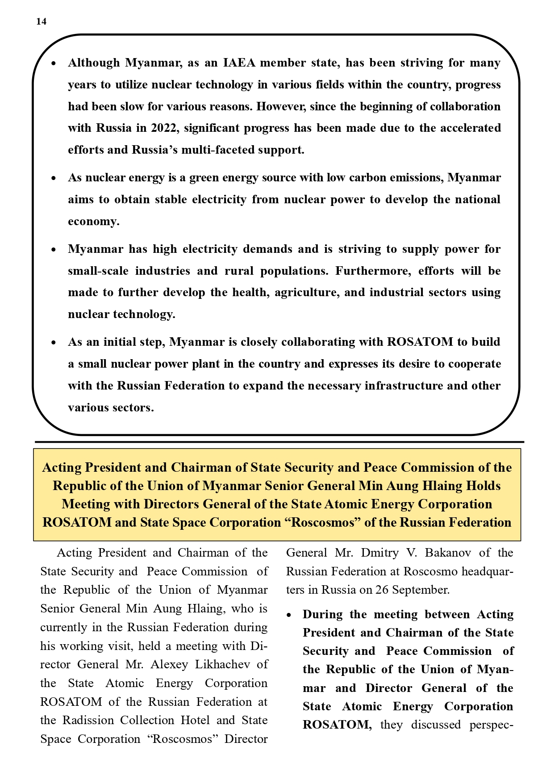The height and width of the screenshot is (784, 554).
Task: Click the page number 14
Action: (41, 21)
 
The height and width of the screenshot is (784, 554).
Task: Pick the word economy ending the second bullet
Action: (93, 221)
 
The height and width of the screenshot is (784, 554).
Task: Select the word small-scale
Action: (98, 271)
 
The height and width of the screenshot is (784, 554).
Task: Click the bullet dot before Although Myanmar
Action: (54, 63)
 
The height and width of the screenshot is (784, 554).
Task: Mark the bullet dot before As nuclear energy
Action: (54, 178)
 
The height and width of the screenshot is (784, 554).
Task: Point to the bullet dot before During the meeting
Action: (289, 616)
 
